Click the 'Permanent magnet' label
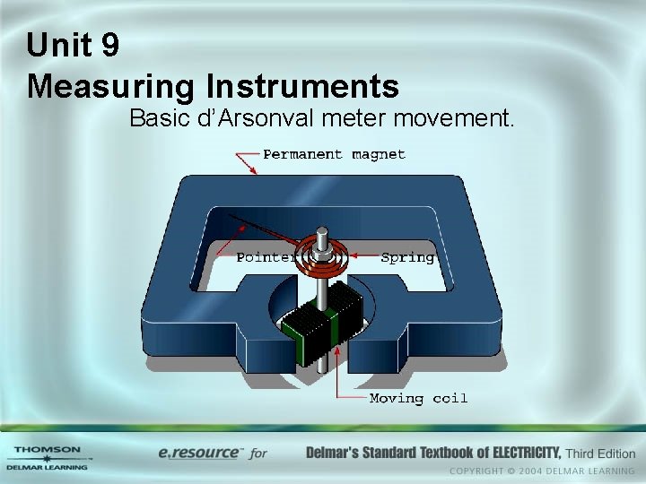tap(334, 154)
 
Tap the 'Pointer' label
tap(265, 257)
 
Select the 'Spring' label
tap(407, 257)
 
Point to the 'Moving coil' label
tap(418, 398)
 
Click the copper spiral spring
tap(327, 255)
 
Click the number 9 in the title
tap(110, 45)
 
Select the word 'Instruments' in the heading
tap(302, 86)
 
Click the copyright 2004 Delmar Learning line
tap(542, 471)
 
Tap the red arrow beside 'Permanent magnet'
tap(246, 161)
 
